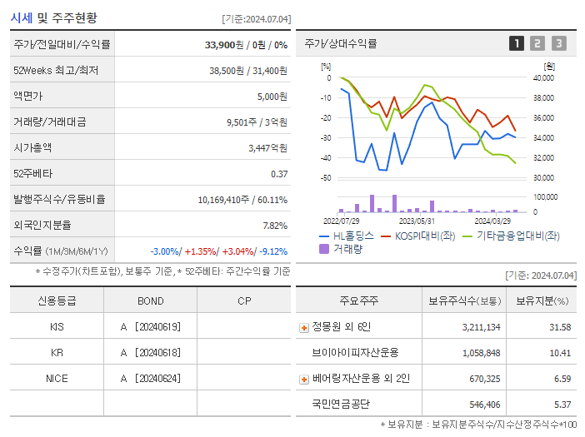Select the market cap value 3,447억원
267,148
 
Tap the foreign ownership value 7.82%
274,226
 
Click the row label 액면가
29,97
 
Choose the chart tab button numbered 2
537,43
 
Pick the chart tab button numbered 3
558,43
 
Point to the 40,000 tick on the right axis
542,78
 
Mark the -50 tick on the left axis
326,178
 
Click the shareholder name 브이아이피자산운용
356,353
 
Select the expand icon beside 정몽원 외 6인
304,328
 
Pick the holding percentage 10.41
559,353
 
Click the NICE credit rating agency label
57,379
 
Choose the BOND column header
151,301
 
